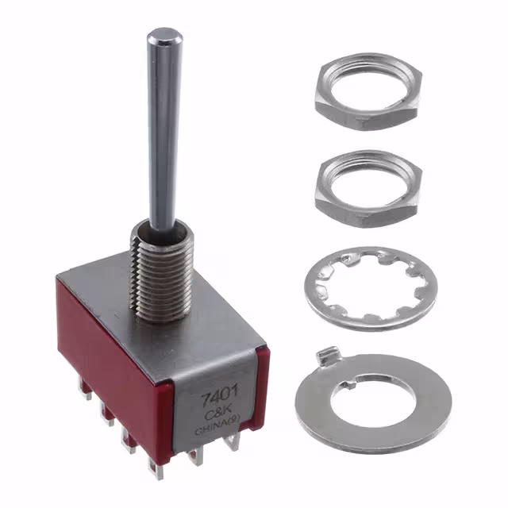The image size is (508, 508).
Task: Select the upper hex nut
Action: tap(368, 92)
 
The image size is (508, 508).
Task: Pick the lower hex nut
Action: tap(368, 189)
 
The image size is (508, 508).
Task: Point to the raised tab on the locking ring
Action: tap(328, 356)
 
